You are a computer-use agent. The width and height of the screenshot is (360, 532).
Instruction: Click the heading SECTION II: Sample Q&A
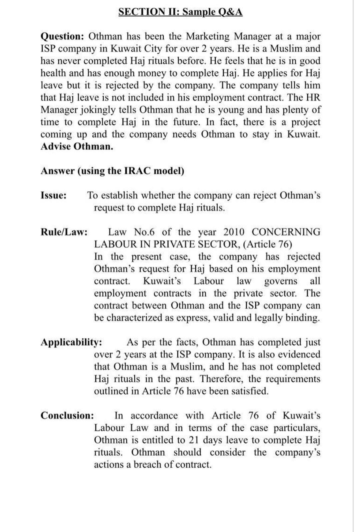(x=180, y=12)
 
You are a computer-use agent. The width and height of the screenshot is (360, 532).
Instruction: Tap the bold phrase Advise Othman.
(x=77, y=146)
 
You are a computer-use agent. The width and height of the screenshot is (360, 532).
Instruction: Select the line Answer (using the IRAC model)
(x=112, y=171)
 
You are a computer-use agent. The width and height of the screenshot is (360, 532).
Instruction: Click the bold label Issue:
(x=53, y=195)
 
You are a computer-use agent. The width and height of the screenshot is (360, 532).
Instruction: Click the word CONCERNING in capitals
(x=286, y=232)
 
